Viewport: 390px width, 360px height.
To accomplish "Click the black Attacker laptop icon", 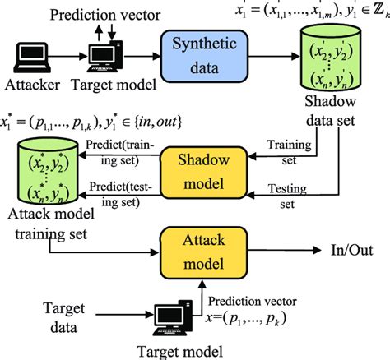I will (28, 57).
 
